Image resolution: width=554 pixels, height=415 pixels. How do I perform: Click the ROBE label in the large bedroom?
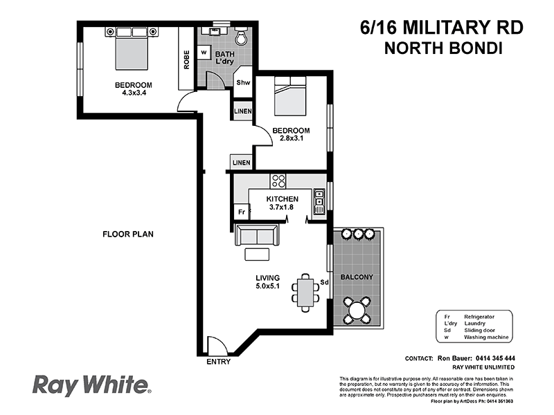click(x=187, y=60)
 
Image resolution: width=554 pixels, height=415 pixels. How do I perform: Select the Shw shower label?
click(x=243, y=82)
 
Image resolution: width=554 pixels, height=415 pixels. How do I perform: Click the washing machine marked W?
click(x=204, y=52)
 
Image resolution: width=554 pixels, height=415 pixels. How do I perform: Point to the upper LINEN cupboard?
click(x=242, y=111)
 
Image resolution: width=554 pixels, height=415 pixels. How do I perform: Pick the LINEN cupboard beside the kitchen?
click(x=241, y=163)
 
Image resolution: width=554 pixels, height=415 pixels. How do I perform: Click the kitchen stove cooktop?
click(x=278, y=182)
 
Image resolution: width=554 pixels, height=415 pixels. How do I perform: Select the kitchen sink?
click(x=319, y=201)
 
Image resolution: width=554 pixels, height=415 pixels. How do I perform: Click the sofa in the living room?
click(x=258, y=236)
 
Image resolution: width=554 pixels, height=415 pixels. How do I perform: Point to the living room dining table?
click(x=305, y=290)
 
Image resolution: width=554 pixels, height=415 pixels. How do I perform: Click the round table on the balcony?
click(x=357, y=308)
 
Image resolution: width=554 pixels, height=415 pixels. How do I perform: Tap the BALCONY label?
click(x=357, y=277)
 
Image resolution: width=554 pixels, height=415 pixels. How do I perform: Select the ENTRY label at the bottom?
click(x=218, y=362)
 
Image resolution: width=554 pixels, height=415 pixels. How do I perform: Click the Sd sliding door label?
click(x=323, y=282)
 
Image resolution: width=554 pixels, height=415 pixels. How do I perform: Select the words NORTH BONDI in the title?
click(x=442, y=48)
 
